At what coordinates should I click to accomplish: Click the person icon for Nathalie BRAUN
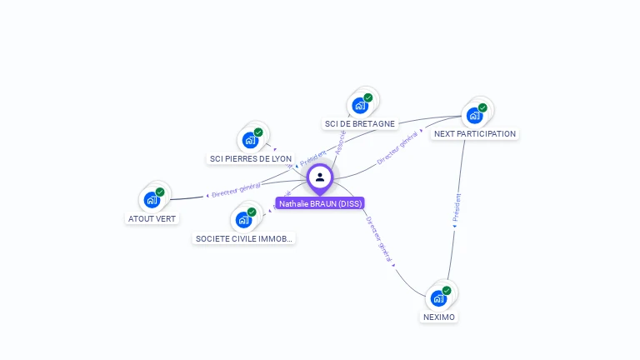click(320, 177)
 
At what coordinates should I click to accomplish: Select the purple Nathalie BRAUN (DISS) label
click(320, 203)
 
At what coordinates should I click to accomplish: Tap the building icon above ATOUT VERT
click(152, 199)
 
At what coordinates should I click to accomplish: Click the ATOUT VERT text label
click(152, 218)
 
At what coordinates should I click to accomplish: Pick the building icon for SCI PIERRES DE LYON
click(250, 139)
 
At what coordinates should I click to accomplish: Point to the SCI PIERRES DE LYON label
click(251, 158)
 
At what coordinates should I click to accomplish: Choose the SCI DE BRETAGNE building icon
click(360, 105)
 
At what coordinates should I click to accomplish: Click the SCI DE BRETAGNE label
click(360, 123)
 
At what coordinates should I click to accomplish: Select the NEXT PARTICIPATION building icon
click(474, 115)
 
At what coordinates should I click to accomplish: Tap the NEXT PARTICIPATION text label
click(475, 133)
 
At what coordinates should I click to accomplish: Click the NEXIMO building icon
click(438, 297)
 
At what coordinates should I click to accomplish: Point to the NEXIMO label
click(439, 317)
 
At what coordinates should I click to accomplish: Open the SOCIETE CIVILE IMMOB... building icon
click(243, 219)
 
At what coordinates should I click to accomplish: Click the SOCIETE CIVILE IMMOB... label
click(244, 238)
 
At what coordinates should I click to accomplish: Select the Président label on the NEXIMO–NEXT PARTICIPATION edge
click(456, 208)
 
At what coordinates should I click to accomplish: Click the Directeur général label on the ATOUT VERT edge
click(236, 190)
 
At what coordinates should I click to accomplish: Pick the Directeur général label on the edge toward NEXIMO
click(379, 241)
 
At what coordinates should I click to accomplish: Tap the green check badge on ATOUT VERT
click(160, 192)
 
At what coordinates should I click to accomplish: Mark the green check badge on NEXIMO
click(447, 290)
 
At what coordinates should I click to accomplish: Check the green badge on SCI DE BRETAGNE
click(368, 97)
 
